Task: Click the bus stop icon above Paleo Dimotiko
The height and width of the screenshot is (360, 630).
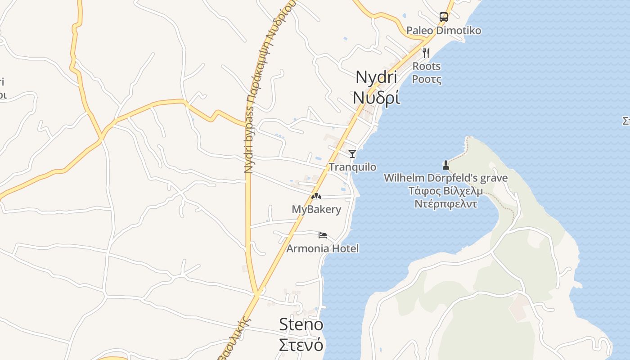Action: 444,17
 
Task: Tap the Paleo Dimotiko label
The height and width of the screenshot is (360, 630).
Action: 444,31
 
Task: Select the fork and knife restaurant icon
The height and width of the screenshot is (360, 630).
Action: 426,53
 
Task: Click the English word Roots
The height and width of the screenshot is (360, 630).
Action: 427,66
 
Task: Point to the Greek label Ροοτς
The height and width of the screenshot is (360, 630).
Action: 427,79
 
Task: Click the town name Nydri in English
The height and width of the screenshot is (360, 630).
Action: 376,77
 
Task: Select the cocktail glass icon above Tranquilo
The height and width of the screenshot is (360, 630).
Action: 352,154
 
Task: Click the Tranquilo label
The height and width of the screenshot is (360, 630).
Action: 352,167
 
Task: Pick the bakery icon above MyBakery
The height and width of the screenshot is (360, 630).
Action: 316,196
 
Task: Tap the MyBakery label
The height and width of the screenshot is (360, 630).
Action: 316,209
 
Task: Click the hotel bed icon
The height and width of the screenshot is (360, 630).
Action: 323,235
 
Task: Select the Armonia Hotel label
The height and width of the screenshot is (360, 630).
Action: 323,248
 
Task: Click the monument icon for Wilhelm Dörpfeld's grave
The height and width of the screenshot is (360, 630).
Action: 446,165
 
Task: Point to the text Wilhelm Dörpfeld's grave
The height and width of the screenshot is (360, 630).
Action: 445,178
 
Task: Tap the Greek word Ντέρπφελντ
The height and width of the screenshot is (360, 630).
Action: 445,204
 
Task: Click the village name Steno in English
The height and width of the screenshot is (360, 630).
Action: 301,324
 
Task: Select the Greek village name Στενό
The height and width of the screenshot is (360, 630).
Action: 301,345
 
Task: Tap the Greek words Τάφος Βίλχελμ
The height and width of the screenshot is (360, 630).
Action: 445,191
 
